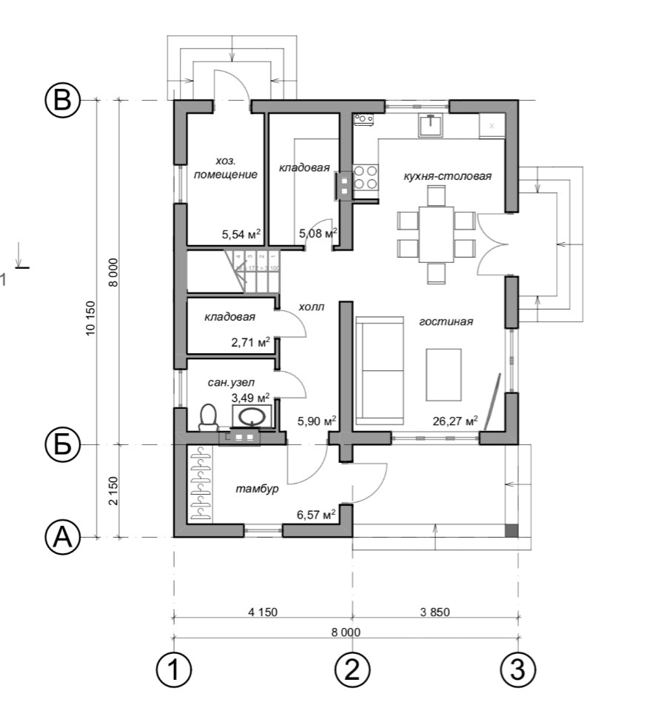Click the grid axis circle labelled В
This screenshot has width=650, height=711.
(x=63, y=100)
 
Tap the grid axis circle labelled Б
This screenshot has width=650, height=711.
(x=63, y=444)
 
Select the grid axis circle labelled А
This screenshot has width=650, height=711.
(x=63, y=537)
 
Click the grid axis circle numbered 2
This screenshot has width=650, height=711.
(x=352, y=670)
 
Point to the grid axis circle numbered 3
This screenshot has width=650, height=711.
(x=517, y=670)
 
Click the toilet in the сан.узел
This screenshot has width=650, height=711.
(x=208, y=418)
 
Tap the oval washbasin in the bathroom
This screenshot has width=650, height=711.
(x=251, y=417)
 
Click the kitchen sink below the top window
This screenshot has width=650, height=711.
(x=431, y=125)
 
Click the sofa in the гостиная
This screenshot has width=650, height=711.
(x=381, y=367)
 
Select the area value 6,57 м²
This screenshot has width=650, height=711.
(x=317, y=514)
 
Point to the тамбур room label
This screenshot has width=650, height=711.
(x=257, y=490)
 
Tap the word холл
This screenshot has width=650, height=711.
(x=311, y=307)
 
